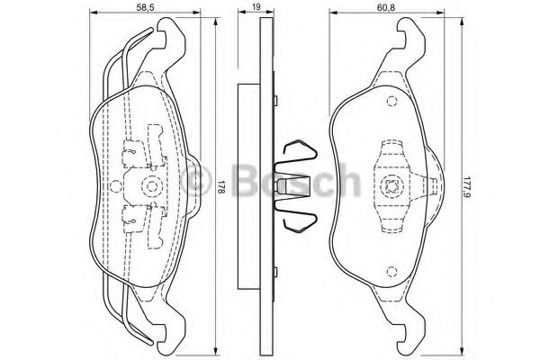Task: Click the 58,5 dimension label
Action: pyautogui.click(x=145, y=7)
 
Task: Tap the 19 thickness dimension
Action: pyautogui.click(x=256, y=7)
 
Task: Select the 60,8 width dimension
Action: pyautogui.click(x=385, y=7)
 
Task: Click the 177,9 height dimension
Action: pyautogui.click(x=466, y=186)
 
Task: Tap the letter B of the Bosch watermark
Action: pyautogui.click(x=247, y=180)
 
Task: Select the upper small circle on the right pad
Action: pyautogui.click(x=391, y=102)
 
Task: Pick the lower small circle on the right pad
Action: pyautogui.click(x=391, y=272)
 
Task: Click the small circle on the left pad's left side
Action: pyautogui.click(x=115, y=186)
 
